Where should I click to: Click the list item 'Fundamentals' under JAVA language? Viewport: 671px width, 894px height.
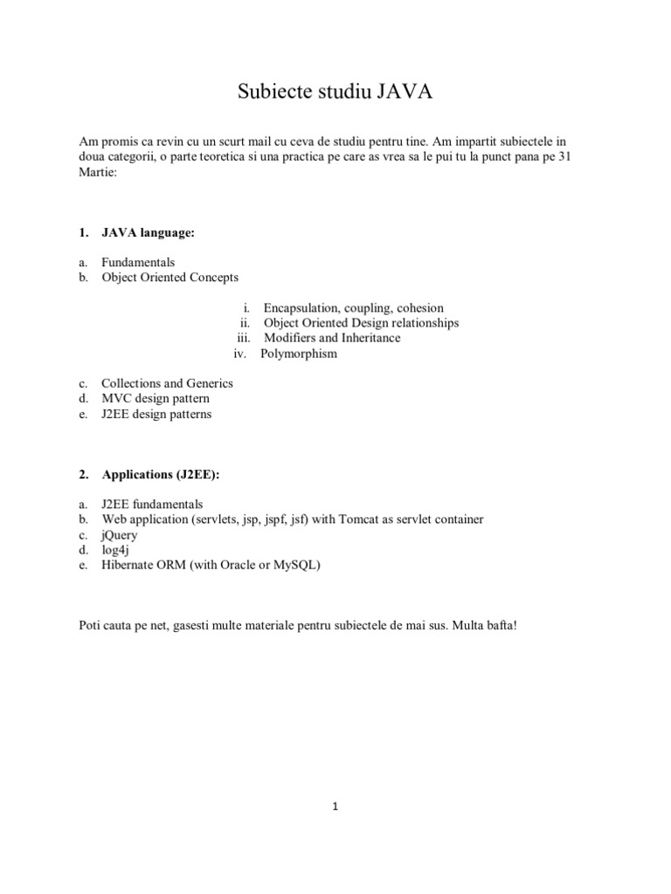coord(138,262)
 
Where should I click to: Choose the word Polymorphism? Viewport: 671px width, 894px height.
coord(300,354)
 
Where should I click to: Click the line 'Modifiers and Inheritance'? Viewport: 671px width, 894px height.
coord(332,338)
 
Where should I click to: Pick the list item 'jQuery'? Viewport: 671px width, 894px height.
coord(121,534)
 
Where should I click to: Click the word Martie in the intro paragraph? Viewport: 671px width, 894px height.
coord(96,173)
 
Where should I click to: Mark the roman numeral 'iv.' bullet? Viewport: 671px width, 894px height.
coord(241,354)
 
